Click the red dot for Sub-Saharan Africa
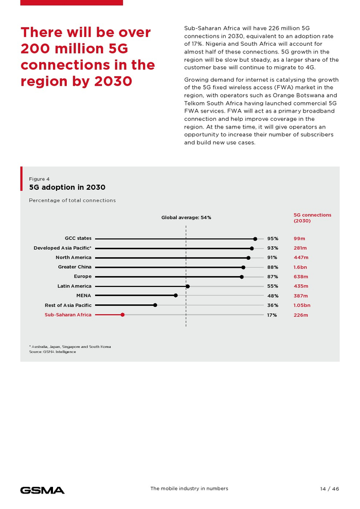pos(122,315)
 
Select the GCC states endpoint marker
pos(255,239)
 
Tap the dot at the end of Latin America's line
pos(188,286)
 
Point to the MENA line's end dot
pos(176,296)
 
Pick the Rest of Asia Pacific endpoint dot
pos(155,305)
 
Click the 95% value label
pos(273,239)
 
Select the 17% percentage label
pos(272,315)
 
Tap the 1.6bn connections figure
pos(300,267)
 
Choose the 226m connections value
pos(301,315)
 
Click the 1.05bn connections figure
pos(302,305)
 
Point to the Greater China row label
pos(75,267)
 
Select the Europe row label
pos(83,277)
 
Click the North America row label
pos(74,258)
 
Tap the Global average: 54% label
pos(186,217)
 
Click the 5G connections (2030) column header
pos(312,217)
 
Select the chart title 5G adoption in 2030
pos(67,188)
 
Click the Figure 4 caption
pos(39,179)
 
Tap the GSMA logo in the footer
pos(42,490)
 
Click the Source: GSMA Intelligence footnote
pos(52,352)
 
